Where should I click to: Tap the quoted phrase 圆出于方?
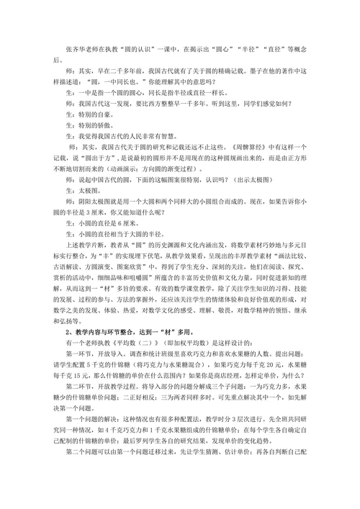coord(97,157)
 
